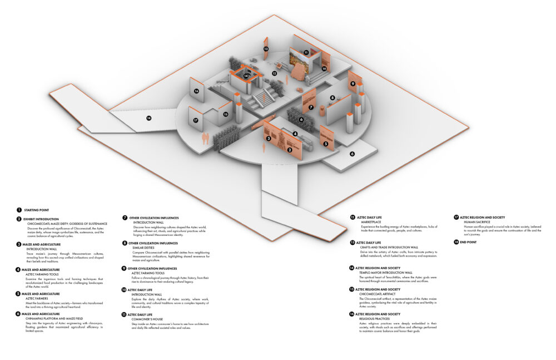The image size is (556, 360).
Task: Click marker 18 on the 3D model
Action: (149, 118)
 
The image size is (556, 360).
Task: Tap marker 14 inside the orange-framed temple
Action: (246, 76)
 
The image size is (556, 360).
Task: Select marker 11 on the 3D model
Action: (306, 52)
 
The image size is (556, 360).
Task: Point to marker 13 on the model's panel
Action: (266, 50)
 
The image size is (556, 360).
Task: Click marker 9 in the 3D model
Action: (353, 83)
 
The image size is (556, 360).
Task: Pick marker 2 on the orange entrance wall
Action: (290, 150)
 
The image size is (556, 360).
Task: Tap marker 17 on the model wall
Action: (196, 120)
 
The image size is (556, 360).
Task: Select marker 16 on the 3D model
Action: (196, 91)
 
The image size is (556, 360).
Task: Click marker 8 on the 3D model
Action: (332, 98)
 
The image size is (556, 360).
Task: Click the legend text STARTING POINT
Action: (34, 210)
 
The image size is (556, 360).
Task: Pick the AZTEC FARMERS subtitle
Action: (37, 298)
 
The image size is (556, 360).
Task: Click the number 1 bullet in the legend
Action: (19, 210)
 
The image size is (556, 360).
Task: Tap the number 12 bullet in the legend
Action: (353, 217)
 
